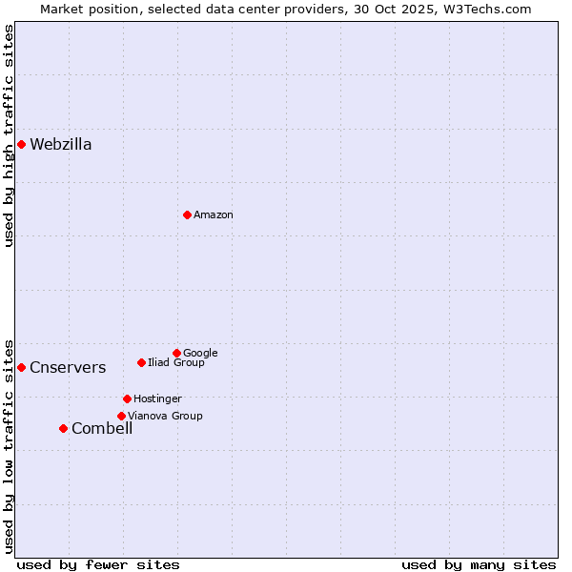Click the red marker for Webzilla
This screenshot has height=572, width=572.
[x=21, y=144]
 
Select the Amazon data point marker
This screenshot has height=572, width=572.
[x=187, y=214]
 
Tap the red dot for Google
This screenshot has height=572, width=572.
[x=176, y=353]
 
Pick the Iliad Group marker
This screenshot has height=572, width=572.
[x=141, y=362]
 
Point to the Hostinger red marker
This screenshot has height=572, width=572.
[x=127, y=398]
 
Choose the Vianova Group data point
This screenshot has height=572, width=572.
[x=121, y=416]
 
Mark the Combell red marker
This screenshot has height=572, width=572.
[x=63, y=428]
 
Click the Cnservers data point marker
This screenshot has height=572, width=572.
[x=21, y=367]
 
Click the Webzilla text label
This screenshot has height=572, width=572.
[x=61, y=145]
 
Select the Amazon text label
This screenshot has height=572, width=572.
[x=214, y=215]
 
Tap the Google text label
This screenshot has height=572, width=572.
[x=200, y=354]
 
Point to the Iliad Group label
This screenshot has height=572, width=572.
[x=176, y=363]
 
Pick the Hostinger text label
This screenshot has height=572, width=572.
[x=157, y=399]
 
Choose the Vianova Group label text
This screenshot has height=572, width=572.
[x=165, y=417]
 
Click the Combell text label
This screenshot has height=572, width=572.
[x=102, y=429]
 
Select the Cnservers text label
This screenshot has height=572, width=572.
[x=68, y=368]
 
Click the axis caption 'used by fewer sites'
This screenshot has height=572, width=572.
[x=98, y=565]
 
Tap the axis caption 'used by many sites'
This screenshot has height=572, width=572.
[x=479, y=565]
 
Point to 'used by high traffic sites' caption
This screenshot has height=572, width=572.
[x=10, y=135]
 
